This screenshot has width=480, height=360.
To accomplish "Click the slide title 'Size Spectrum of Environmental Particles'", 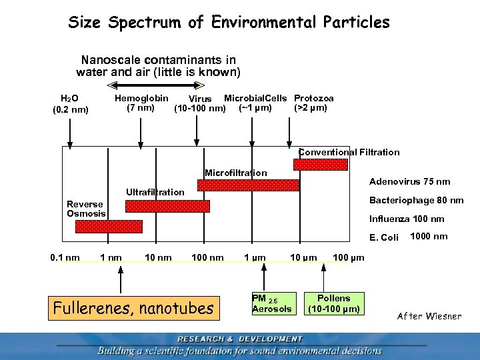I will pyautogui.click(x=229, y=23).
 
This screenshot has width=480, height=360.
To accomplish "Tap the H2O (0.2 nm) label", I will pyautogui.click(x=70, y=104).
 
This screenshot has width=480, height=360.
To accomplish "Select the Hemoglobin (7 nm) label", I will pyautogui.click(x=141, y=103).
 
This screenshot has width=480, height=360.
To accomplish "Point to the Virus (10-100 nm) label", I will pyautogui.click(x=199, y=104).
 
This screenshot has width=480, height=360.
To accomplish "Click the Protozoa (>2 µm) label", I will pyautogui.click(x=313, y=103).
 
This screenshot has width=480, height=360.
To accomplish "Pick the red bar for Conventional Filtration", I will pyautogui.click(x=321, y=164).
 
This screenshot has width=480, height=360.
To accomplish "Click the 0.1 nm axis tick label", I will pyautogui.click(x=65, y=257).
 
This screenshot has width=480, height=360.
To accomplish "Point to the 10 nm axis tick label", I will pyautogui.click(x=158, y=257).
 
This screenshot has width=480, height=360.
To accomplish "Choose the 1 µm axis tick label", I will pyautogui.click(x=255, y=257).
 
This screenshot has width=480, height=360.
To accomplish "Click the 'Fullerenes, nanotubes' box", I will pyautogui.click(x=134, y=308).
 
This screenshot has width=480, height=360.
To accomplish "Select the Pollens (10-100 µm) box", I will pyautogui.click(x=333, y=303).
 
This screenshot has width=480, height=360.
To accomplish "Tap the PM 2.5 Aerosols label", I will pyautogui.click(x=271, y=303).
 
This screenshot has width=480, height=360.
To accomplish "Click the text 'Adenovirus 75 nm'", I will pyautogui.click(x=409, y=181).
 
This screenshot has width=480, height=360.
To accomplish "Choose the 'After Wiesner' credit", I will pyautogui.click(x=429, y=315).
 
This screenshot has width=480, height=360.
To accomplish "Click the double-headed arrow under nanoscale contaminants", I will pyautogui.click(x=155, y=85).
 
